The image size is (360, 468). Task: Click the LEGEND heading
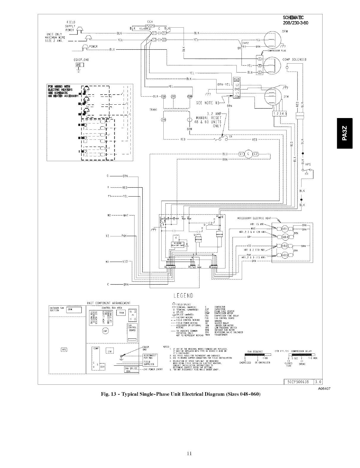tap(181, 296)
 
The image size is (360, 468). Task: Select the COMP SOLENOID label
tap(294, 59)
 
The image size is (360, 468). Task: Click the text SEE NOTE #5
tap(208, 103)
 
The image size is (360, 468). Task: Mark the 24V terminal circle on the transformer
tap(163, 120)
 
